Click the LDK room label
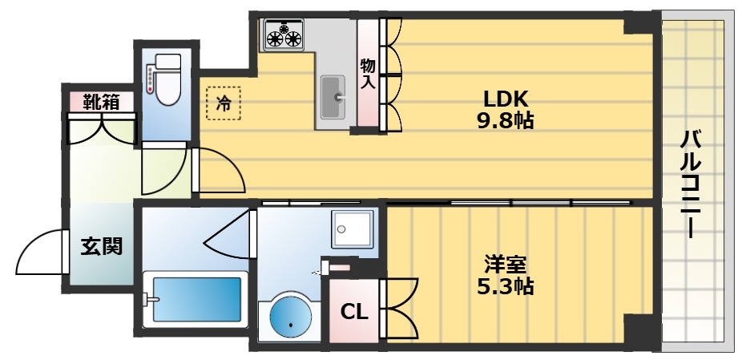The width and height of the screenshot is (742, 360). click(x=506, y=99)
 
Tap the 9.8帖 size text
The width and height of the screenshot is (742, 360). click(x=506, y=121)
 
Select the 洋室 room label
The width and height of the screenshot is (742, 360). click(x=506, y=263)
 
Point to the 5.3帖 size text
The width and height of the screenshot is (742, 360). click(x=506, y=285)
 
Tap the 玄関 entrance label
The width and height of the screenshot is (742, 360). click(x=101, y=246)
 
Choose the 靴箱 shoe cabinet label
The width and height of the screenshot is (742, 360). click(x=102, y=102)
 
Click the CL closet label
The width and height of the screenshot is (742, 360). click(x=355, y=311)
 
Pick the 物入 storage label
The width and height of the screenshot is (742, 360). click(x=368, y=73)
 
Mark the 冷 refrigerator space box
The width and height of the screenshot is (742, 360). click(x=224, y=103)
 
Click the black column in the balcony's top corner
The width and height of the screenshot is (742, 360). click(x=639, y=23)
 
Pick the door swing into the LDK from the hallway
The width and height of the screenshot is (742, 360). click(x=220, y=169)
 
